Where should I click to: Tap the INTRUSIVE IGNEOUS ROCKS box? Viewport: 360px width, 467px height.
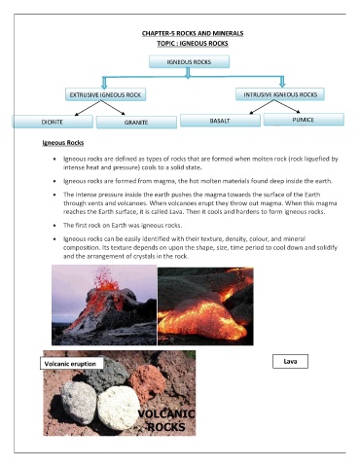click(281, 93)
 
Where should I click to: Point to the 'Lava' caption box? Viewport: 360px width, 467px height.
click(290, 361)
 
